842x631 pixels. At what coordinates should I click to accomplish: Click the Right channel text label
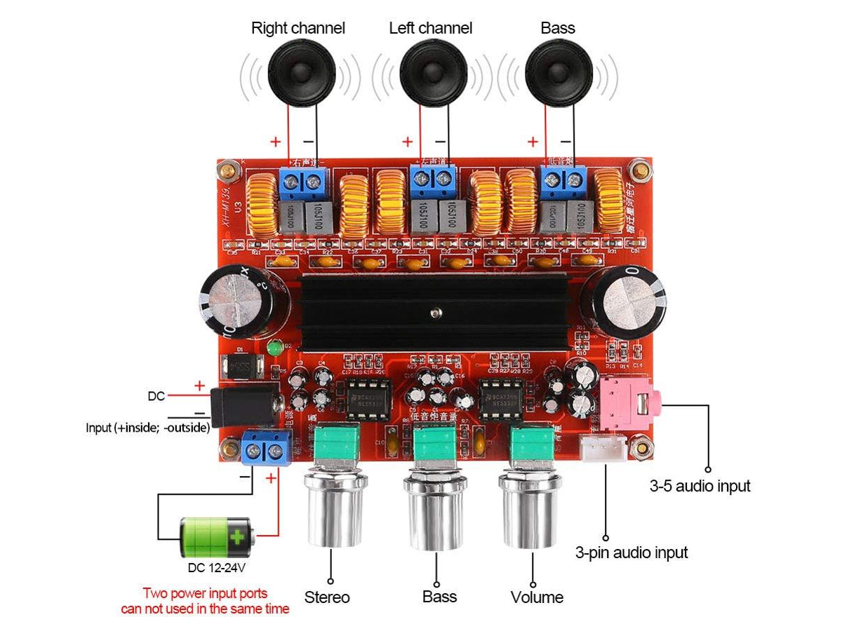pyautogui.click(x=298, y=28)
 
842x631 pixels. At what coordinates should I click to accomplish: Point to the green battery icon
pyautogui.click(x=217, y=538)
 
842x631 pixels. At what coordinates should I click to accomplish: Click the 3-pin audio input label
pyautogui.click(x=631, y=552)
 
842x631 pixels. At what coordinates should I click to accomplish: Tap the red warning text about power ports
pyautogui.click(x=205, y=601)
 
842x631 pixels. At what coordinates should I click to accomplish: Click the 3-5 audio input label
pyautogui.click(x=700, y=485)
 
